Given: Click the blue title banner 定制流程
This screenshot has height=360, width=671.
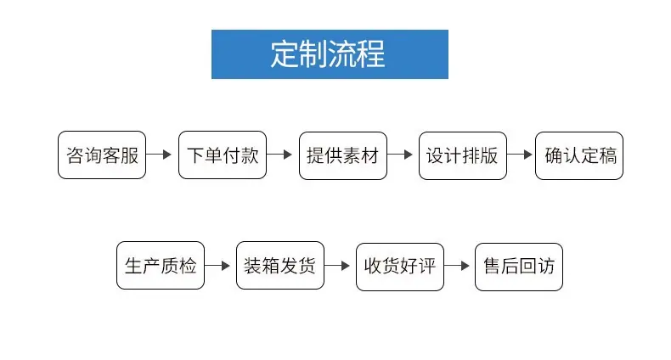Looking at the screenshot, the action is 330,54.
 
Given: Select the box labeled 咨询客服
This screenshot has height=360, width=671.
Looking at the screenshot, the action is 102,155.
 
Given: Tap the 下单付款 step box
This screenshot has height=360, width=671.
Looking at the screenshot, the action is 223,155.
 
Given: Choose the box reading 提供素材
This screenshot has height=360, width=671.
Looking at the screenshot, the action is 343,155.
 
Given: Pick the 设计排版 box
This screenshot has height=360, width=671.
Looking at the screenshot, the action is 463,155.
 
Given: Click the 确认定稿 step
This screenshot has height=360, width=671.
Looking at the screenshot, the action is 579,155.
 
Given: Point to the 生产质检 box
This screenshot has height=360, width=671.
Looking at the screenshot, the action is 161,265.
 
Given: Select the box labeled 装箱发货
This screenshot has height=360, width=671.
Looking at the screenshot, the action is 280,265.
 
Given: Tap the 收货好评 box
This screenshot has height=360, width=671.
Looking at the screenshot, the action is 400,267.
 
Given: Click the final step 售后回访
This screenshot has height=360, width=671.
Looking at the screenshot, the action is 519,267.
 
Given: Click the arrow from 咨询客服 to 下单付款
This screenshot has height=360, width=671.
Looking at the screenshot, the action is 159,155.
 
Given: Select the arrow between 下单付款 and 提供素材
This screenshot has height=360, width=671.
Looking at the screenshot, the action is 279,155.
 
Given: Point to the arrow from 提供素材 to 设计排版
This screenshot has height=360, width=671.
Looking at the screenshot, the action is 400,155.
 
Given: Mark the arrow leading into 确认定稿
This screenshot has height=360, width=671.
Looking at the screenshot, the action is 520,155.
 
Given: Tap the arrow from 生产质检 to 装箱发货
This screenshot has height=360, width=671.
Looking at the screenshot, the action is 217,266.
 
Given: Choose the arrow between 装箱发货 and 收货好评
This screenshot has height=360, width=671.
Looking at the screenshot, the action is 337,266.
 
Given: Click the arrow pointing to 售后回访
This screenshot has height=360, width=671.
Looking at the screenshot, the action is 457,266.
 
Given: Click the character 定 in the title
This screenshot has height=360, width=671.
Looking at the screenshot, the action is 285,54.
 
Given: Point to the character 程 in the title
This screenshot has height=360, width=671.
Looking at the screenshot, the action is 371,54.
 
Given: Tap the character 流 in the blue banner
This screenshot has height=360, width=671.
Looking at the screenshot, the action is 342,54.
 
